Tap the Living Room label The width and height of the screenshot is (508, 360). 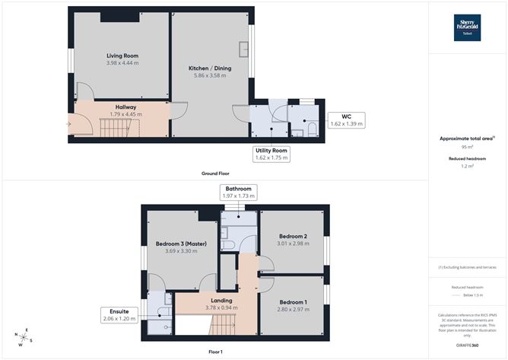(121, 60)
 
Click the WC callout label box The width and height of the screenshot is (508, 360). (346, 119)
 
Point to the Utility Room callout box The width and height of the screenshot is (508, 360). (271, 155)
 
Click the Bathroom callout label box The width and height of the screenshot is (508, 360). (239, 192)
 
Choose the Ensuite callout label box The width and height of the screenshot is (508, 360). (119, 315)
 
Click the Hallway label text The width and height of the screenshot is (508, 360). (125, 107)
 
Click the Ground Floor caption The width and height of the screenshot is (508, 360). (215, 174)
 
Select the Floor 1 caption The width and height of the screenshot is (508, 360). (215, 352)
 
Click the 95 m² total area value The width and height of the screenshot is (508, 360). (467, 148)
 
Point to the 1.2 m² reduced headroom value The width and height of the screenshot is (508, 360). (467, 166)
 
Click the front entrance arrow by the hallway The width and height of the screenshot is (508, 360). (70, 122)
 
